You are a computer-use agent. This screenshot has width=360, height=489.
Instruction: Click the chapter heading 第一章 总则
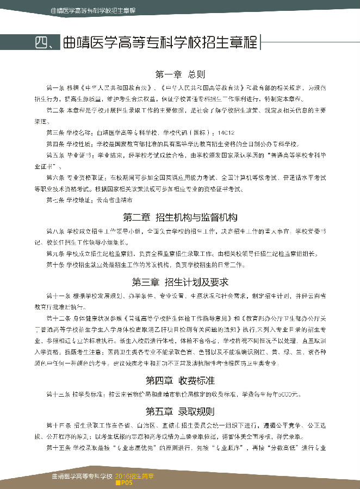tap(180, 74)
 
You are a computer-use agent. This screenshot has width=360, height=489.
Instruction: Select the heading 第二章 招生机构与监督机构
tap(180, 218)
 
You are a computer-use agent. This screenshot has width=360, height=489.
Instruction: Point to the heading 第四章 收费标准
tap(180, 380)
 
